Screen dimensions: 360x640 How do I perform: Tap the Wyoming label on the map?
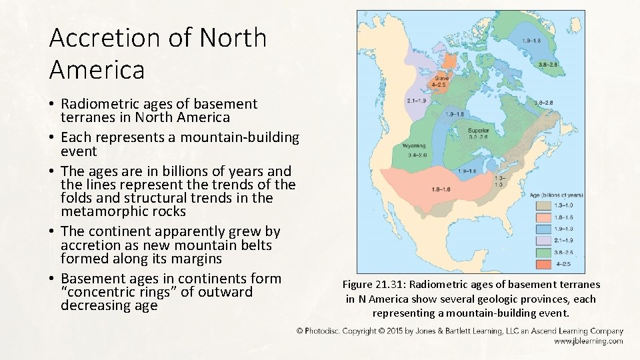click(414, 145)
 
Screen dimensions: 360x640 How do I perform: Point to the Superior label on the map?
click(479, 130)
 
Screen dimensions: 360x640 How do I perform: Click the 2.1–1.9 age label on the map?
click(417, 101)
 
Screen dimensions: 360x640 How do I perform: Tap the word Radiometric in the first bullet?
click(99, 104)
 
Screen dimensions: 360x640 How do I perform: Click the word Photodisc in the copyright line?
click(325, 331)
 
